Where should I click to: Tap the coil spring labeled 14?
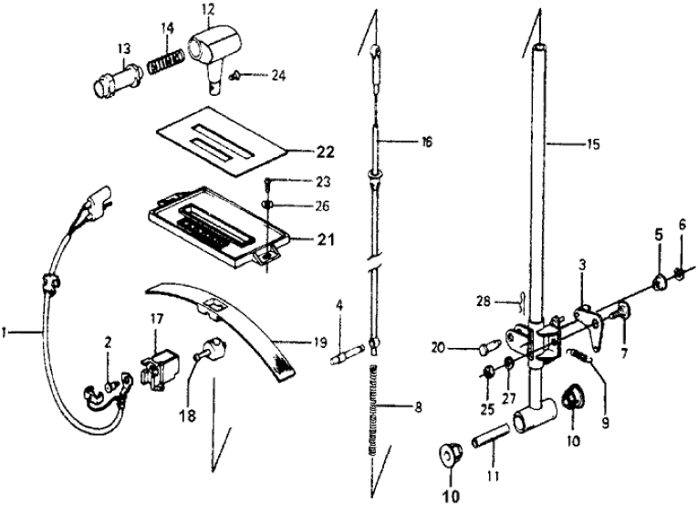(168, 68)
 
